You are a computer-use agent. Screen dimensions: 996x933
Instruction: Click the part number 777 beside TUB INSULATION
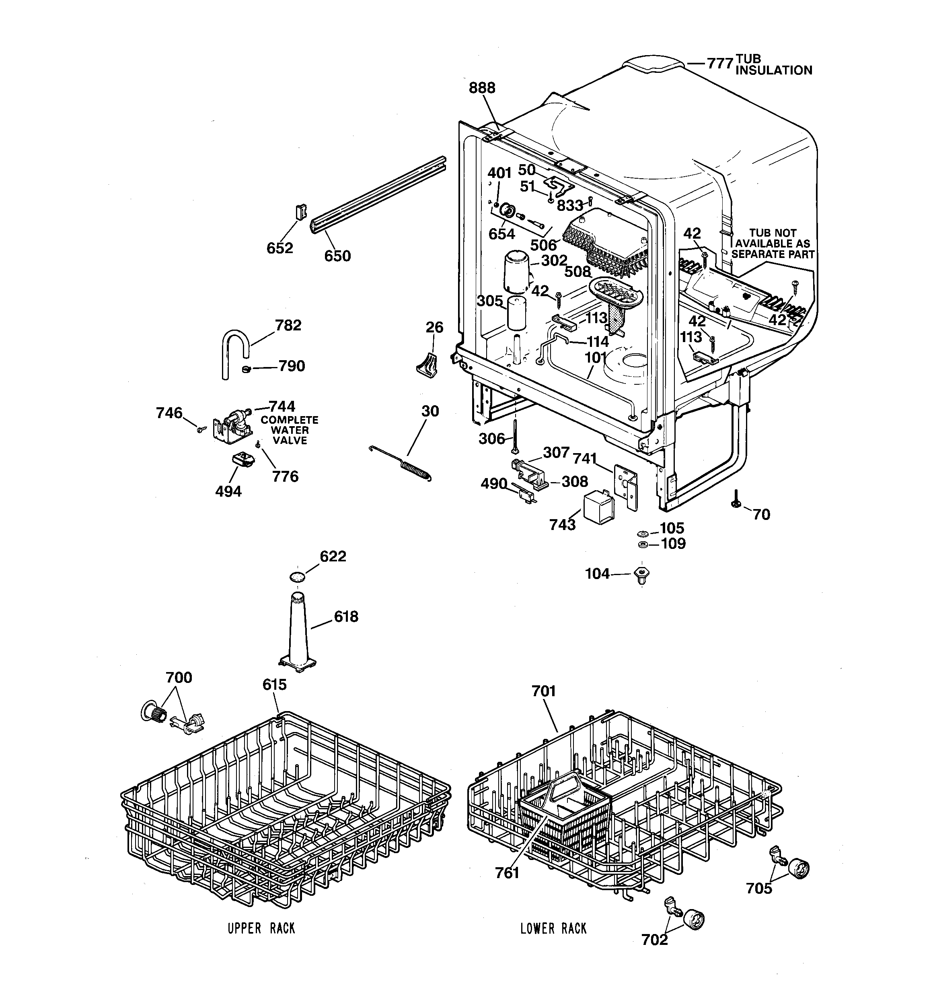720,64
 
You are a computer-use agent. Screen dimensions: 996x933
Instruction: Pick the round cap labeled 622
298,576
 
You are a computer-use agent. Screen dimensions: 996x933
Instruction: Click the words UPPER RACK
261,928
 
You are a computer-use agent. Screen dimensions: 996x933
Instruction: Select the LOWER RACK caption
553,928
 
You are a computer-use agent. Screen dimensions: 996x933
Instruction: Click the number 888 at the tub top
482,88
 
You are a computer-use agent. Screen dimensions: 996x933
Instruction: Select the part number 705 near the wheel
759,888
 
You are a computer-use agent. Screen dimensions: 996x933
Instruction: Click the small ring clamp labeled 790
246,369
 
